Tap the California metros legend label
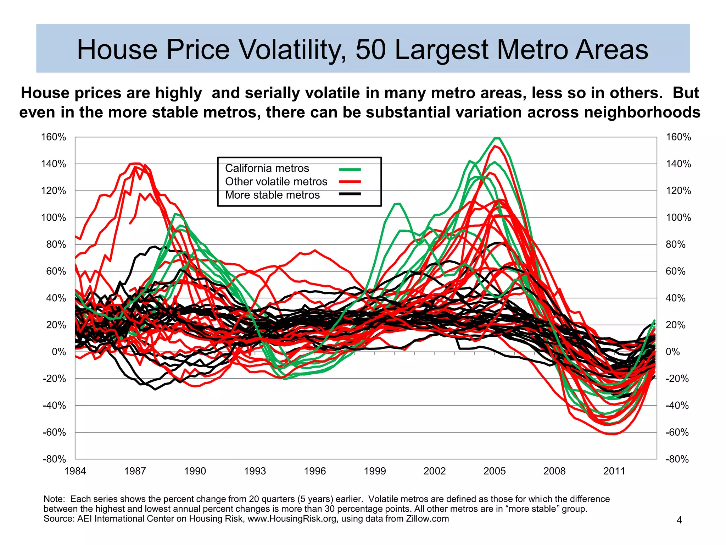[267, 168]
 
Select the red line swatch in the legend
[350, 182]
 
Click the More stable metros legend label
[272, 195]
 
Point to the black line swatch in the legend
[350, 194]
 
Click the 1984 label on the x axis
[75, 471]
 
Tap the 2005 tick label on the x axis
[495, 471]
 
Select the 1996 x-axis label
[315, 471]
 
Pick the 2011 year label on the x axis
[614, 471]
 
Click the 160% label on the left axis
[54, 137]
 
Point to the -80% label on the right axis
[677, 459]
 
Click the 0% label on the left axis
[59, 352]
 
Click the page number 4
[680, 520]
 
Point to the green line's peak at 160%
[497, 138]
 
